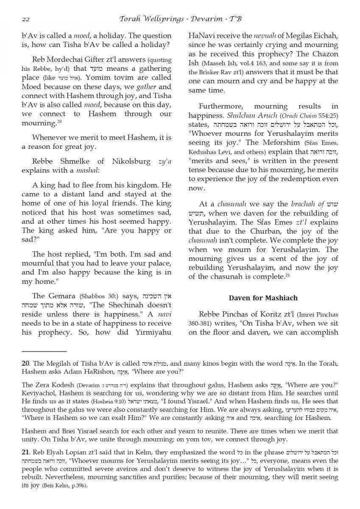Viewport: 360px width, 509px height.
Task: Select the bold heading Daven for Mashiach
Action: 263,298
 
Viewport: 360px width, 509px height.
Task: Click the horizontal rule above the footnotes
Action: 44,351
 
